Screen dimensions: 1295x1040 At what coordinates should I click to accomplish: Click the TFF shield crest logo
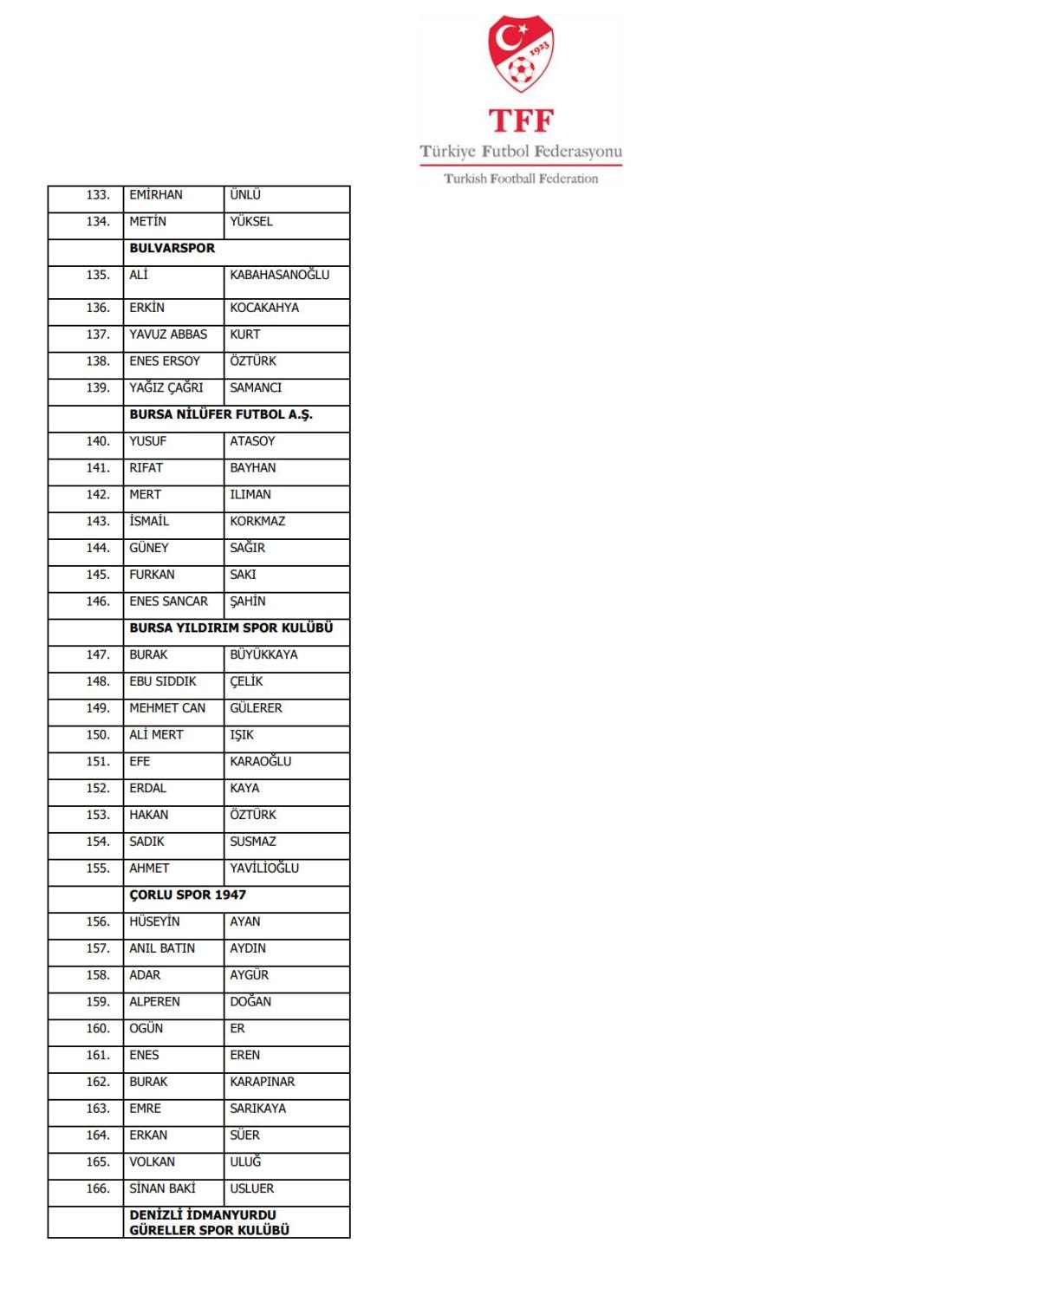click(x=520, y=54)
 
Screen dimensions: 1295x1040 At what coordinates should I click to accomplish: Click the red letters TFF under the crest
click(x=520, y=120)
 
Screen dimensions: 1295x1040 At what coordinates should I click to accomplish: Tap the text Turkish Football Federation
click(x=521, y=179)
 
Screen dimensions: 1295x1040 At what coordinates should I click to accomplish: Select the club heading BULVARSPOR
click(x=172, y=248)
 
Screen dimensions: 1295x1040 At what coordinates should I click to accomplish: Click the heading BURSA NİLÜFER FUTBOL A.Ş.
click(x=221, y=414)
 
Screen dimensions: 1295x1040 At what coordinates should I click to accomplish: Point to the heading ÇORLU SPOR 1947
click(x=188, y=895)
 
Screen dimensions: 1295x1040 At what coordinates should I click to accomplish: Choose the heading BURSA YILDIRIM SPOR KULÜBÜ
click(x=231, y=628)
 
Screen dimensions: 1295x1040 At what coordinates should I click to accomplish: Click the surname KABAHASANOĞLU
click(x=279, y=275)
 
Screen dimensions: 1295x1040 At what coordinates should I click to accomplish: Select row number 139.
click(x=98, y=387)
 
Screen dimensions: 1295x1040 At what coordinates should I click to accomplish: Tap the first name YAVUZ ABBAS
click(x=168, y=335)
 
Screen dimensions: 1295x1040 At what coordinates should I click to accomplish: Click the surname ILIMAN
click(x=250, y=494)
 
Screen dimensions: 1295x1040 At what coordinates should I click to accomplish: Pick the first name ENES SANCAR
click(x=168, y=601)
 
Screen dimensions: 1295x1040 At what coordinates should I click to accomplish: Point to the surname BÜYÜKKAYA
click(x=263, y=654)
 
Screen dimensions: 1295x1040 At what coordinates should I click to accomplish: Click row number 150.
click(x=98, y=734)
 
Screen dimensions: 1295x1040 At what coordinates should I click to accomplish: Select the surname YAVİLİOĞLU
click(x=264, y=868)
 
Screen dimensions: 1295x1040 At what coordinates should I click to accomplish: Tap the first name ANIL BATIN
click(x=162, y=948)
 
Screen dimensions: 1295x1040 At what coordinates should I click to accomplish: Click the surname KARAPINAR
click(x=262, y=1082)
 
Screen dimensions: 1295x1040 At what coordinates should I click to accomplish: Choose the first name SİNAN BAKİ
click(x=162, y=1188)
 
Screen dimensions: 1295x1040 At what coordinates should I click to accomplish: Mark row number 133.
click(x=98, y=195)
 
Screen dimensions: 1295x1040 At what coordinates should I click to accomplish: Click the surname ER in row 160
click(x=237, y=1028)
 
